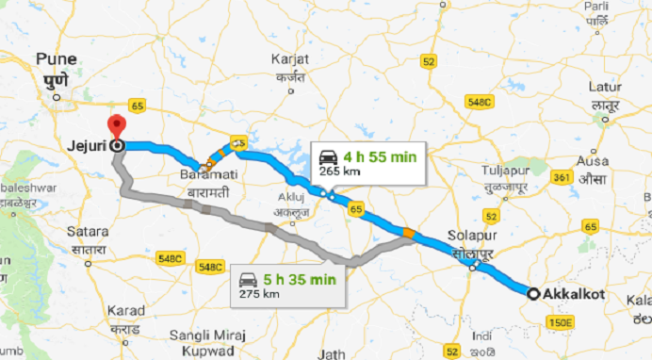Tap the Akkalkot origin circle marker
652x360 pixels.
tap(533, 294)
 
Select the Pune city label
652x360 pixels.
tap(57, 59)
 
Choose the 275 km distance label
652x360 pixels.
tap(258, 294)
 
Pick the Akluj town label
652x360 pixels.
tap(290, 199)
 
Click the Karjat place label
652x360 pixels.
tap(289, 59)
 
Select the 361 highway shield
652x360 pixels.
tap(562, 176)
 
